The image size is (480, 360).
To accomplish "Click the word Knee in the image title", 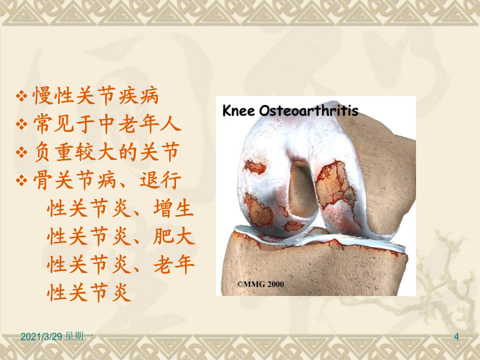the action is coord(238,110).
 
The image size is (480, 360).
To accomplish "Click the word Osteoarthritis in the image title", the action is coord(309,110).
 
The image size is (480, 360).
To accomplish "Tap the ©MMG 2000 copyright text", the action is coord(260,284).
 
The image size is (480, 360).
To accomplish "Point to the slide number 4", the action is coord(457,337).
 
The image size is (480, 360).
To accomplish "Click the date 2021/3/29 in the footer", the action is coord(41,337).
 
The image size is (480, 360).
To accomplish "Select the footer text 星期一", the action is coord(79,336).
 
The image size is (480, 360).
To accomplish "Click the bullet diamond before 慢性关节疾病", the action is coord(21,96).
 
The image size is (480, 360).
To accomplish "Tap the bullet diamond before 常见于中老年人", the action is coord(21,124).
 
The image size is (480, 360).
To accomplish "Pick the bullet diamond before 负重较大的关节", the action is coord(21,152).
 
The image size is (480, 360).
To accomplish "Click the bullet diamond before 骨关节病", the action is coord(21,180).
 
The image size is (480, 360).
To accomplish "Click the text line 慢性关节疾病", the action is coord(95,96).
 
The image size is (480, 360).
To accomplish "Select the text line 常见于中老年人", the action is coord(107,124).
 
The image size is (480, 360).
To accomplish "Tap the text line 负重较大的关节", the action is coord(106,152).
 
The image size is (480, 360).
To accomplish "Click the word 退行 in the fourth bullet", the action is coord(161,180).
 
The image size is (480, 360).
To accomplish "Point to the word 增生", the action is coord(173,208).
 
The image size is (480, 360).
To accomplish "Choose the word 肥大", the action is coord(173,236).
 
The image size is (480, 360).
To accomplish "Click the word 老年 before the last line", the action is coord(173,265).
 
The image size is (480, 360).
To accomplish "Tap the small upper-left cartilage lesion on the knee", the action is coord(255,167).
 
